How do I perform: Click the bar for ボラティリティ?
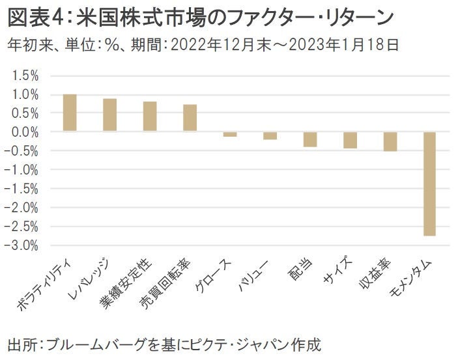[x=70, y=113]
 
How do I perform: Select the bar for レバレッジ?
[x=110, y=115]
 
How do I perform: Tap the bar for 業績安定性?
[x=150, y=117]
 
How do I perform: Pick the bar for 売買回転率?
[x=190, y=118]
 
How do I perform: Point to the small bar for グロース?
[x=230, y=134]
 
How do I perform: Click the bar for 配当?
[x=310, y=139]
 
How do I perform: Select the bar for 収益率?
[x=390, y=141]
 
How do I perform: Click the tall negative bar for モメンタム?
[x=430, y=184]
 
